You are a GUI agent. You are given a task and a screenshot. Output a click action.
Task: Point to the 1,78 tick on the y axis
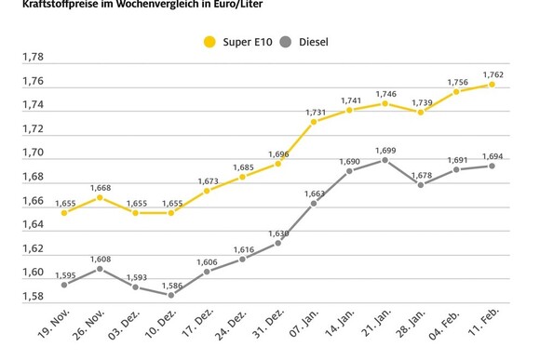[33, 57]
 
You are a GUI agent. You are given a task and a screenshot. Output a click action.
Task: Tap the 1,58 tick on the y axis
[33, 297]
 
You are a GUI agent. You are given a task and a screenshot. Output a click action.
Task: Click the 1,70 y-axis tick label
[33, 153]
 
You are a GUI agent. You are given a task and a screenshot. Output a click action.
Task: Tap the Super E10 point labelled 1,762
[492, 84]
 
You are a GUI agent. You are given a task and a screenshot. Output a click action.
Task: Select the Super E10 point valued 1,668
[100, 197]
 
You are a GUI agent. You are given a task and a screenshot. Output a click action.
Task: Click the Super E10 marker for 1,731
[314, 121]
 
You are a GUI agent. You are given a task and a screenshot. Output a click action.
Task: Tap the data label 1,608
[100, 259]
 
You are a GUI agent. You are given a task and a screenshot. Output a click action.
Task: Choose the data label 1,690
[349, 160]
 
